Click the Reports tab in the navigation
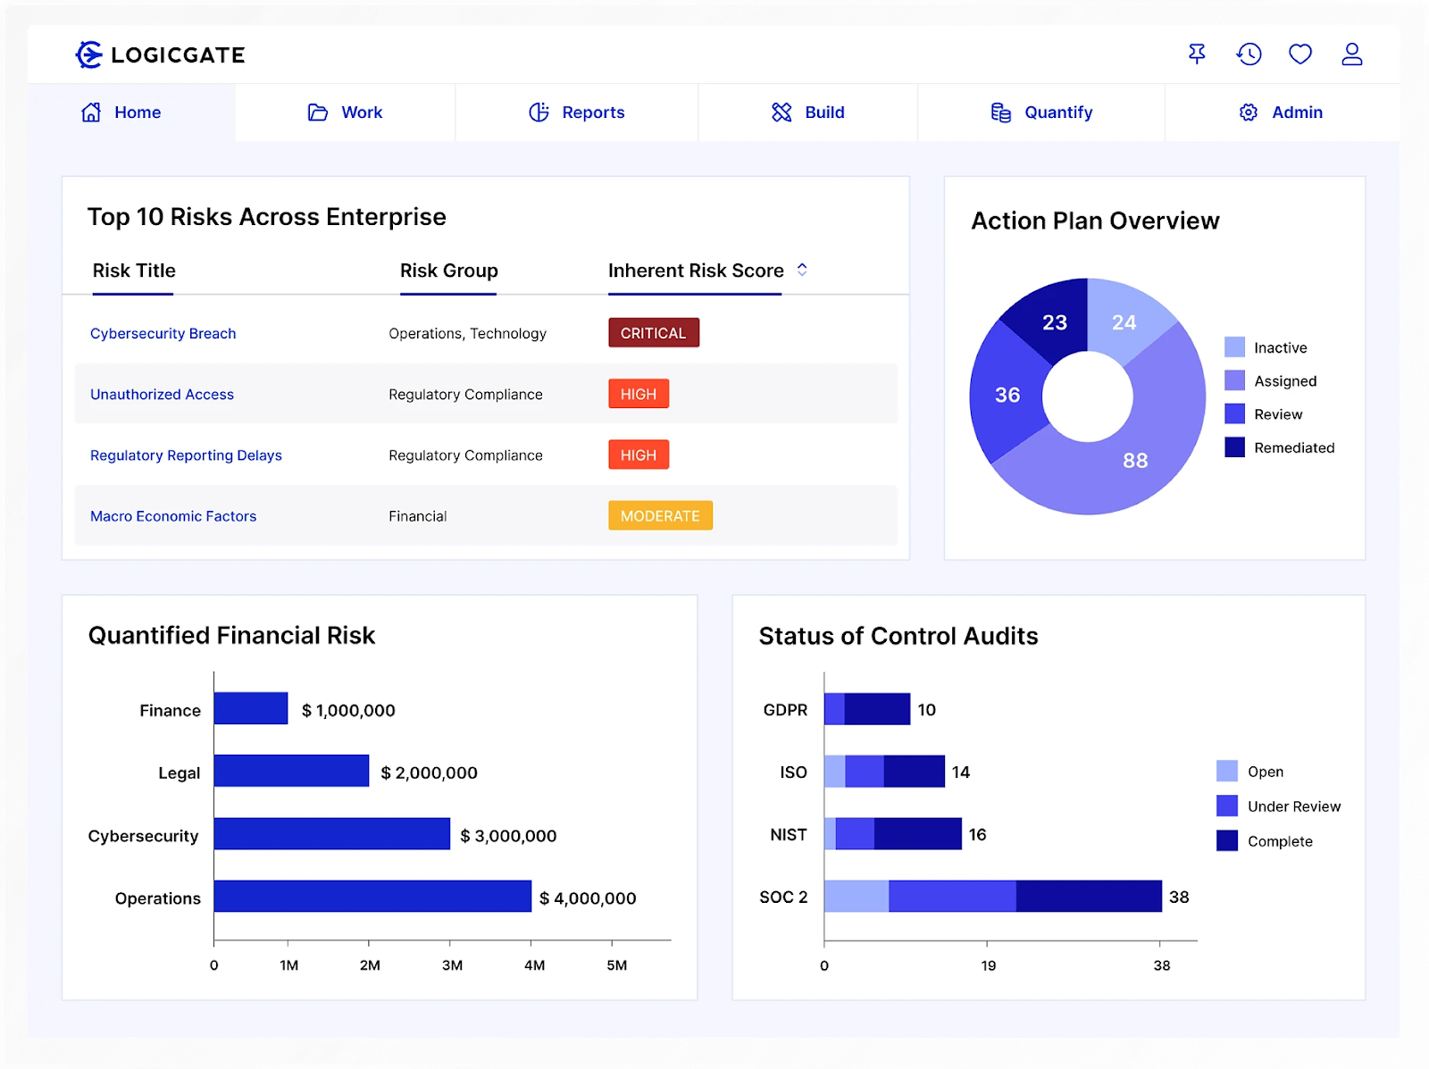(x=577, y=113)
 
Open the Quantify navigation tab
(x=1041, y=113)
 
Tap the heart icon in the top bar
(x=1300, y=54)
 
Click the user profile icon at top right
(x=1352, y=54)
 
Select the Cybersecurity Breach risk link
(x=163, y=333)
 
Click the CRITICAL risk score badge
(x=654, y=333)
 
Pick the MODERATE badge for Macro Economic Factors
(x=660, y=516)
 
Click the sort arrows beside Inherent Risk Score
(x=802, y=270)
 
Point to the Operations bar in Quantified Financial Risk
(x=372, y=897)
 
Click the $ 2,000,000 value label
(x=429, y=773)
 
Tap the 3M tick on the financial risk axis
(x=452, y=965)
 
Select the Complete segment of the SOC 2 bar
(x=1089, y=897)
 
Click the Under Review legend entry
(x=1279, y=806)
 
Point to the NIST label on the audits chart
(x=789, y=834)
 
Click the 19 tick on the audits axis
(x=988, y=965)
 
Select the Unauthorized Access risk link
(x=163, y=394)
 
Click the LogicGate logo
(x=161, y=54)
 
